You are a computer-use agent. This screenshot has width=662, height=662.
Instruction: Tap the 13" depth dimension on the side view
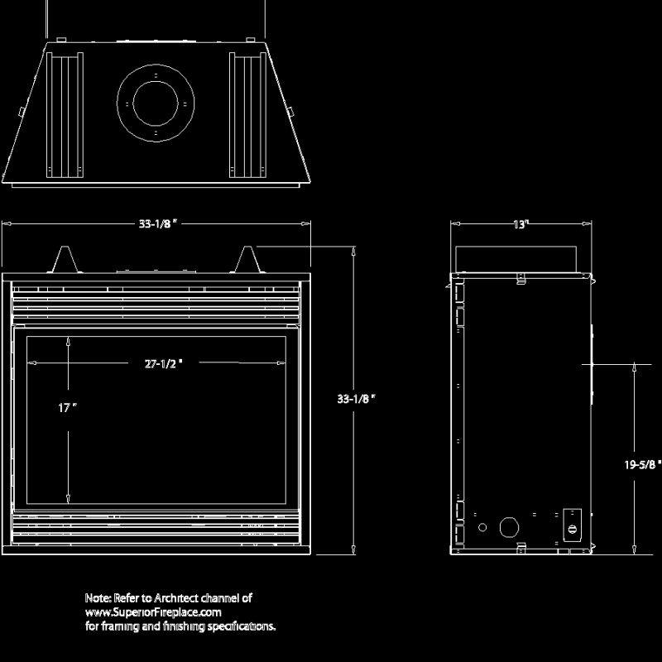coord(520,224)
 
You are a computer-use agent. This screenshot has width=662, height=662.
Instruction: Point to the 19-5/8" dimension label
coord(641,465)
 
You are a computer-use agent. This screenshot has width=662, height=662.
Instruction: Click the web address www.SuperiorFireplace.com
coord(154,612)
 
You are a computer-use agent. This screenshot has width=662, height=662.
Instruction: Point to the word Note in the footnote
coord(97,597)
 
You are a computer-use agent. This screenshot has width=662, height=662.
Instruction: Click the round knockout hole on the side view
coord(508,527)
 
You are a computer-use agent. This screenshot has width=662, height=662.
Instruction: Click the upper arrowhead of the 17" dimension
coord(68,340)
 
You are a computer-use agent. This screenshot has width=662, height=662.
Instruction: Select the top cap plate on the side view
coord(516,259)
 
